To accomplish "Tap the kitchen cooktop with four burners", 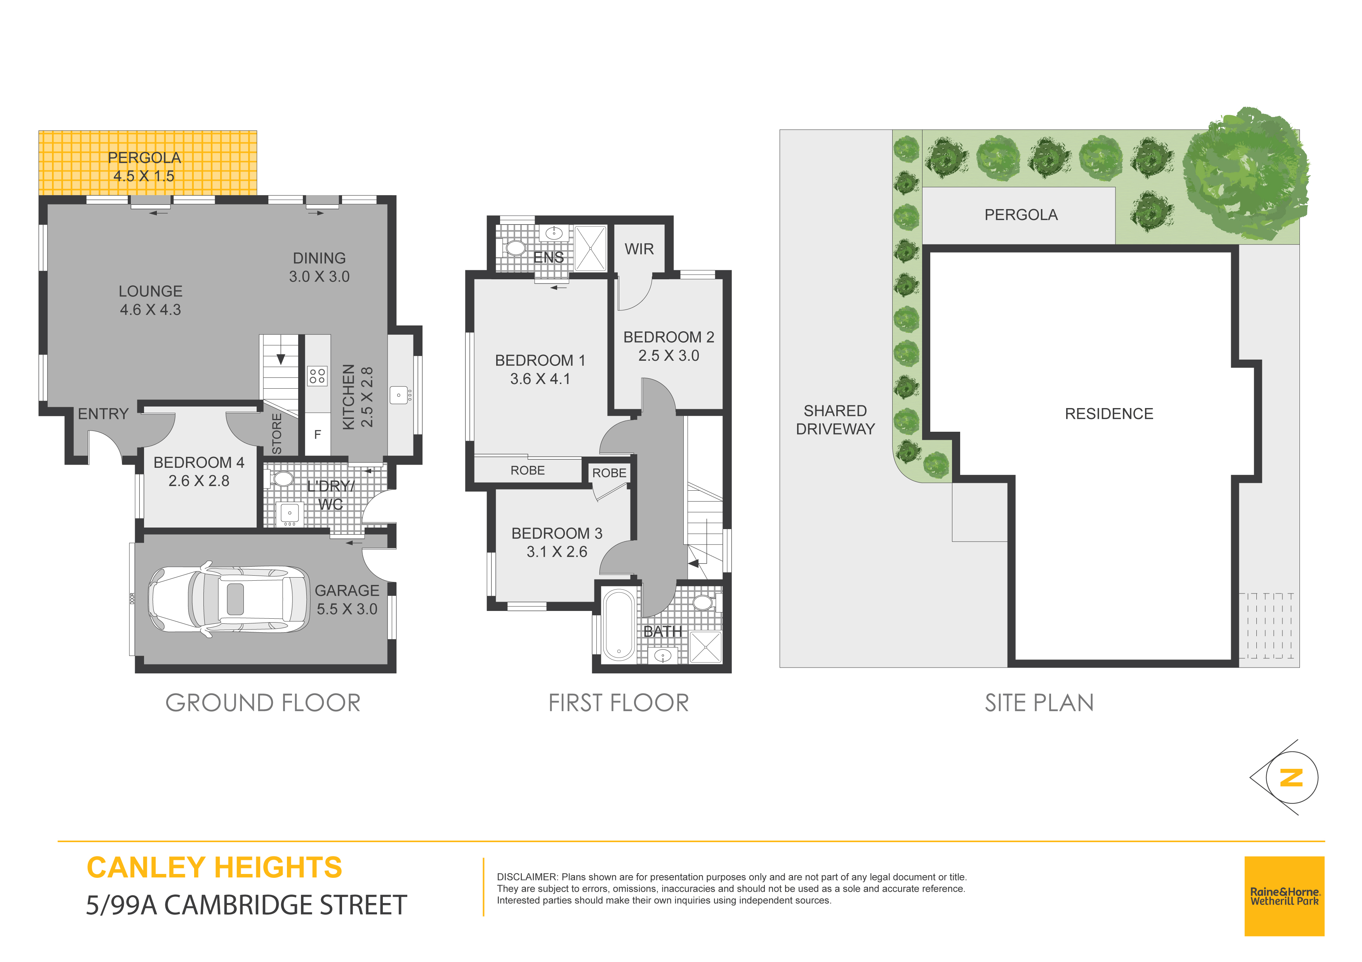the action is click(x=317, y=376).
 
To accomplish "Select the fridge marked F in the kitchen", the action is click(x=317, y=434).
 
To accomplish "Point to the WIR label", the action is click(x=639, y=249).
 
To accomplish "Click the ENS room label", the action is click(x=548, y=257).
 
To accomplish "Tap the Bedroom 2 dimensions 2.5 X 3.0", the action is click(x=669, y=356).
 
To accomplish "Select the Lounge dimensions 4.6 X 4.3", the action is click(x=150, y=310).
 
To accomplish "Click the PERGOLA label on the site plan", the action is click(x=1021, y=215).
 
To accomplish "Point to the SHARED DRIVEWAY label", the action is click(x=835, y=420).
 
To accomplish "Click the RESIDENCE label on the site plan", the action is click(x=1109, y=414).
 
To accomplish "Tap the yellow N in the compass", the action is click(x=1291, y=778).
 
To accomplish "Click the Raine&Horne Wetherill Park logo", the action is click(x=1284, y=896).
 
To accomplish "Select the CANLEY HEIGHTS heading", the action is click(x=214, y=867).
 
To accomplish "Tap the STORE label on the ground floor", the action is click(x=276, y=434).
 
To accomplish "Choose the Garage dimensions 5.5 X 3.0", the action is click(x=347, y=609).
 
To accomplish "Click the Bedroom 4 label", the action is click(x=199, y=462).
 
